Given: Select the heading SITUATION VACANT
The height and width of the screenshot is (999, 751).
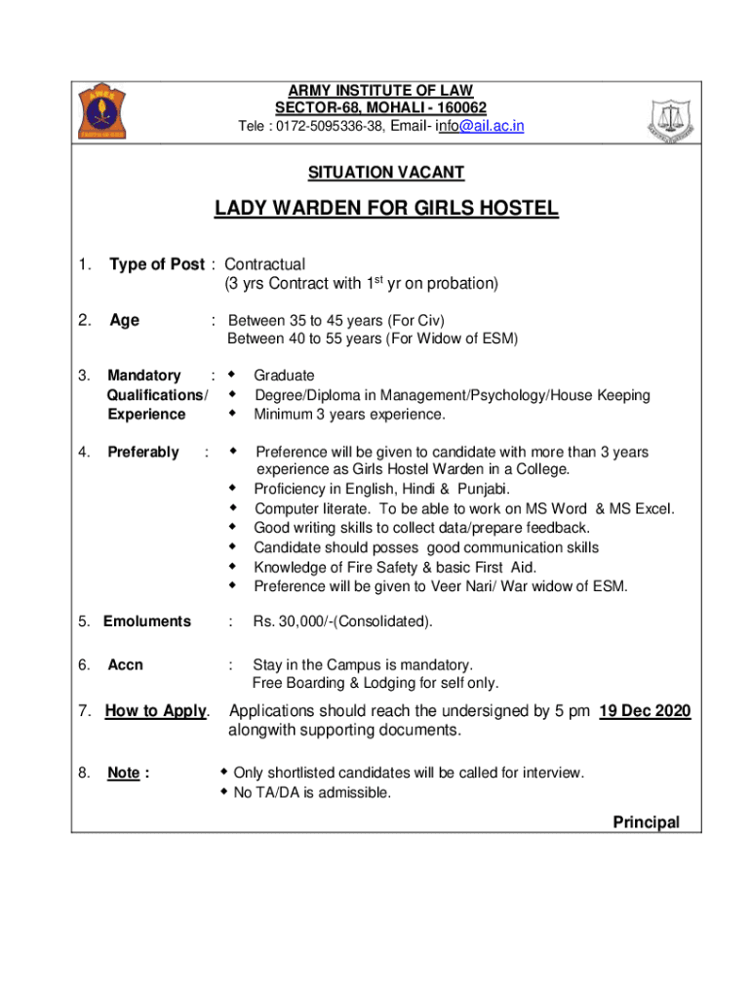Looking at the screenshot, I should click(386, 174).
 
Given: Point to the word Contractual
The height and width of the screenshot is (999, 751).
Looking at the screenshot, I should click(265, 264).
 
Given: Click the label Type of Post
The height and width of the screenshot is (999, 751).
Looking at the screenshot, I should click(157, 264).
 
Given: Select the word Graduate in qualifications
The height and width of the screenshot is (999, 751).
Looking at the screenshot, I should click(284, 376).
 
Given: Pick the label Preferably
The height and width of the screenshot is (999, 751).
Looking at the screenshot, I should click(143, 452).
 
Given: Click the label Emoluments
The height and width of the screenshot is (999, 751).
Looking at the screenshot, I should click(147, 620).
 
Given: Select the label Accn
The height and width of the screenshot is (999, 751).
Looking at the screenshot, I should click(125, 664).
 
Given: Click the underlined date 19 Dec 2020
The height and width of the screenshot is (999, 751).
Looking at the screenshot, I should click(645, 711).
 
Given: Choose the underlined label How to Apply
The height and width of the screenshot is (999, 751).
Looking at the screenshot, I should click(155, 711).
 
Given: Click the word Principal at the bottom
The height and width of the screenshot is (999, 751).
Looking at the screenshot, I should click(646, 822).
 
